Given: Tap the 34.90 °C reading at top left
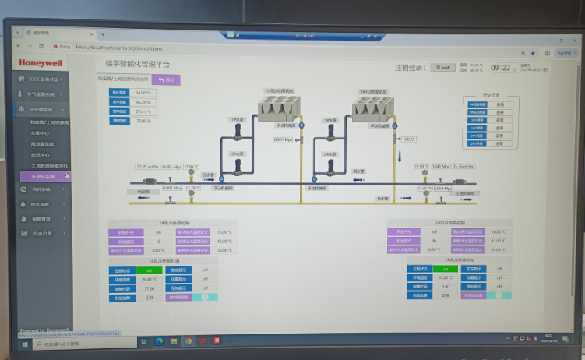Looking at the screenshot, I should pyautogui.click(x=143, y=93).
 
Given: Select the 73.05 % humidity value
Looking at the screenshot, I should pyautogui.click(x=143, y=121).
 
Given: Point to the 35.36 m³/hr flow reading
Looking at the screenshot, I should pyautogui.click(x=465, y=166).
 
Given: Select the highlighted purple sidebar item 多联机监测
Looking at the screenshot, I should pyautogui.click(x=44, y=176).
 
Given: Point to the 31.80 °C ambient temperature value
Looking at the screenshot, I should pyautogui.click(x=445, y=278).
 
